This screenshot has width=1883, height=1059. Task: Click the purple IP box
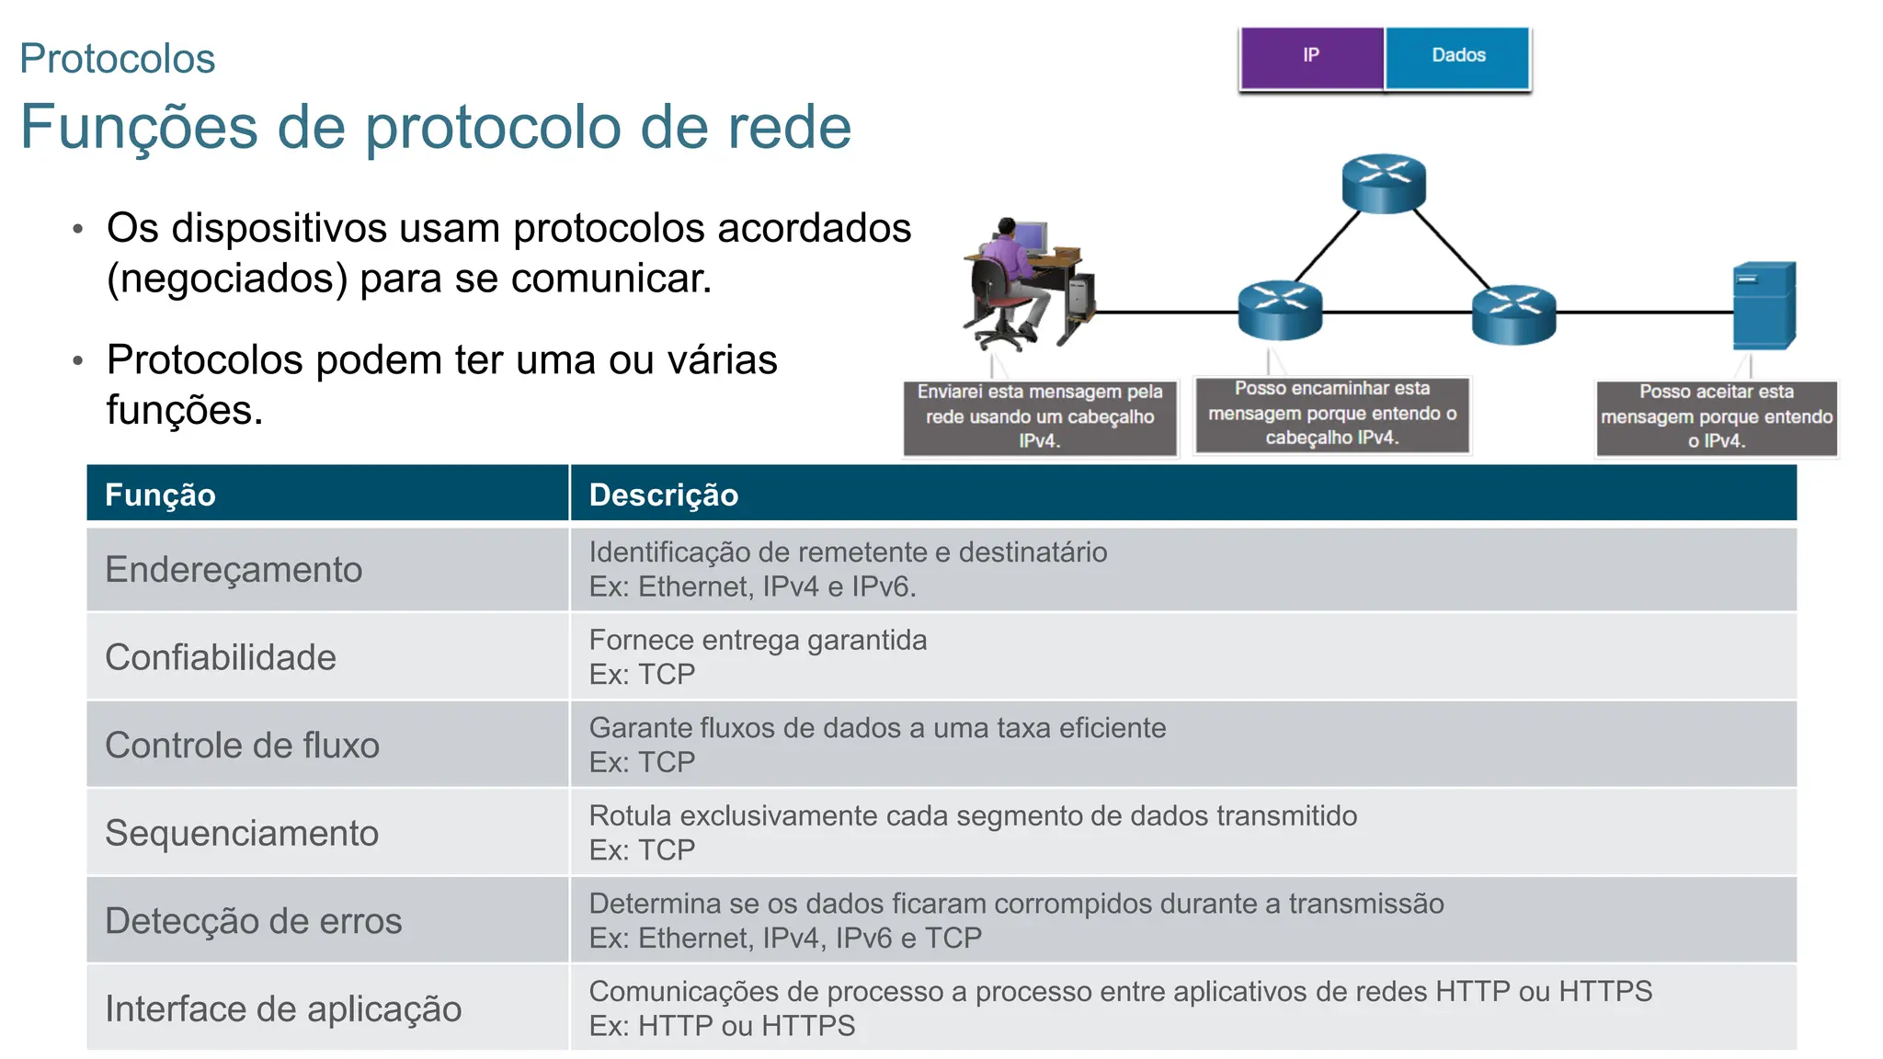[1311, 57]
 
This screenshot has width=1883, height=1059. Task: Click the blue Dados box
[1457, 57]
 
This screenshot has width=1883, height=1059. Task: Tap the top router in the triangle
[1383, 183]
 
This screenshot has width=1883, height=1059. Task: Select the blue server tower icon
[1763, 306]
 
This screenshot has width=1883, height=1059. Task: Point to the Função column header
[160, 495]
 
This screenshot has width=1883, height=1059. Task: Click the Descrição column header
[663, 495]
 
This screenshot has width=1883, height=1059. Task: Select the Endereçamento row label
[234, 570]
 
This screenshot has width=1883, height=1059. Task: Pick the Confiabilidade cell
[221, 657]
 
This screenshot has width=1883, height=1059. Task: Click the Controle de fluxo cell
[242, 746]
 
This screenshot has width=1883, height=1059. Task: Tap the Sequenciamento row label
[242, 833]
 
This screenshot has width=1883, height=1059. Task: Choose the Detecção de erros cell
[254, 921]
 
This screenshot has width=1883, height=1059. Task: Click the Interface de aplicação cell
[283, 1008]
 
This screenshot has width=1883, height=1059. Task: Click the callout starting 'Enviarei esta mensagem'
[1040, 416]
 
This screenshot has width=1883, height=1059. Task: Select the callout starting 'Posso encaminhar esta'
[1331, 414]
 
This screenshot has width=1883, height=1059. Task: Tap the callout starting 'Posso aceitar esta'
[1716, 416]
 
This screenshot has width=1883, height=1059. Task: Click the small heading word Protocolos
[118, 59]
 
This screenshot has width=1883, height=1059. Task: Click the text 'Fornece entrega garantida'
[758, 640]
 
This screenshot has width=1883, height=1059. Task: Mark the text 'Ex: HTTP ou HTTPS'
[722, 1026]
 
